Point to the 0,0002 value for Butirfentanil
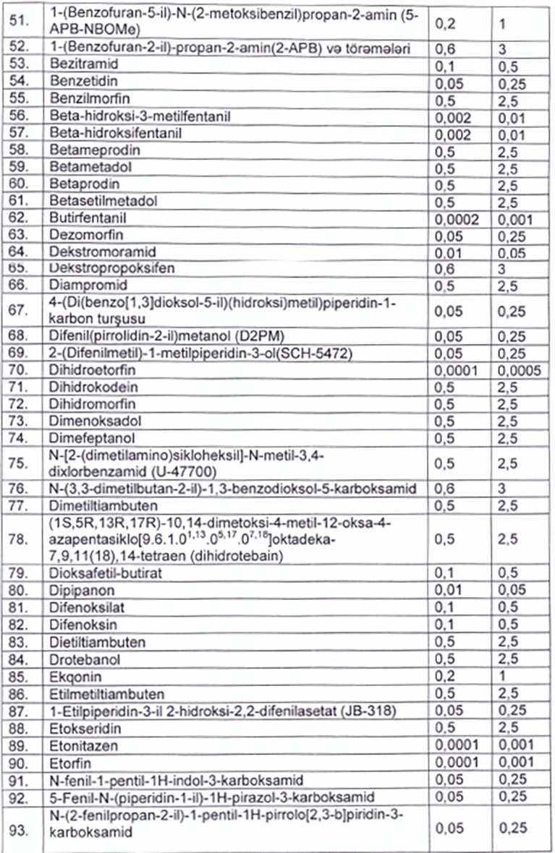click(x=457, y=218)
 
